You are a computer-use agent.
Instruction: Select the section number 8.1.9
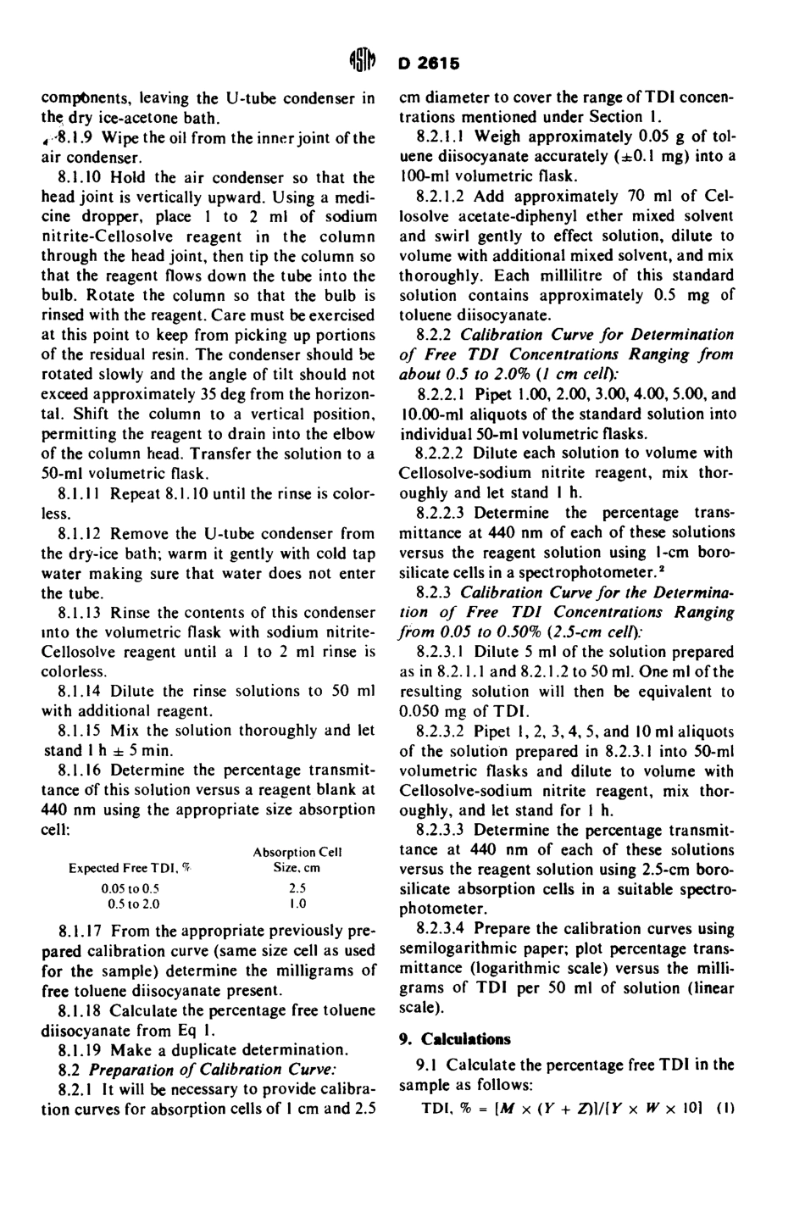74,138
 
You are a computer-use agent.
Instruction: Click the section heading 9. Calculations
454,1039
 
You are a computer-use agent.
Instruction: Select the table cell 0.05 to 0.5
130,888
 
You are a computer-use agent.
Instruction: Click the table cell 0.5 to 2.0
130,904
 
